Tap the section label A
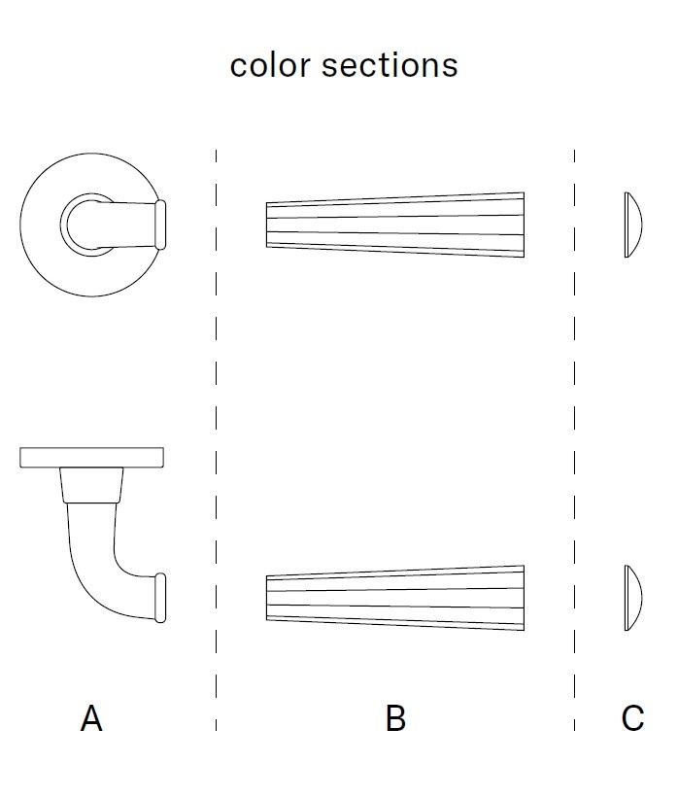click(91, 719)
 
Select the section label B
click(395, 719)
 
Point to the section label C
click(632, 719)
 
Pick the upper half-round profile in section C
click(632, 225)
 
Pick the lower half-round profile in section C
click(632, 598)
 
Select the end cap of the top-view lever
click(161, 224)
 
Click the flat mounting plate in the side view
click(91, 457)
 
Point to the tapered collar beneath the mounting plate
click(91, 484)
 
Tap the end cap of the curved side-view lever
click(161, 598)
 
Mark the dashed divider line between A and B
click(216, 437)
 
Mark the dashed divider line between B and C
click(574, 437)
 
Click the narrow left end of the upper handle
click(270, 225)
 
